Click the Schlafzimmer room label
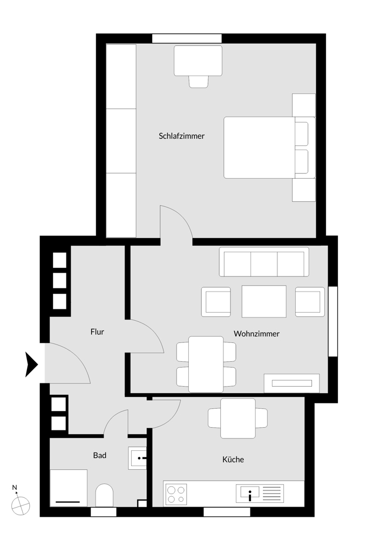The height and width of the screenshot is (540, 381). point(182,136)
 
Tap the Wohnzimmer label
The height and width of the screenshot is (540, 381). point(256,334)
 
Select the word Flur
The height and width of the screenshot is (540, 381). point(97,332)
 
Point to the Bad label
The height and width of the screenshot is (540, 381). point(99,455)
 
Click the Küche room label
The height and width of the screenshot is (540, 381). point(233,460)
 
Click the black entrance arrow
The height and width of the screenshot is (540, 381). point(32,364)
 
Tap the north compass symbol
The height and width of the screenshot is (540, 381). point(20,505)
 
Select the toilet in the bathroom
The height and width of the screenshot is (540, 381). point(104,495)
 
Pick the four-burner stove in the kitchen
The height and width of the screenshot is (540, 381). point(176,494)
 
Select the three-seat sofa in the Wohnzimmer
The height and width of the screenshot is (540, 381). point(264,262)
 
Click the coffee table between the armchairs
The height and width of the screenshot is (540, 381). point(264,301)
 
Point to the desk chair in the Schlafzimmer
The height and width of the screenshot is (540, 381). point(199,81)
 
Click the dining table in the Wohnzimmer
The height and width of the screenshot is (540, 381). point(206,364)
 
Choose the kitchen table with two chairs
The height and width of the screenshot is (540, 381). point(238,418)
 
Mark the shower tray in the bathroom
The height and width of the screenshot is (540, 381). point(69,488)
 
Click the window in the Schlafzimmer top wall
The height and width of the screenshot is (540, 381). point(187,38)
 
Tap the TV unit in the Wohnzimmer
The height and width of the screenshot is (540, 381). point(291,383)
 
